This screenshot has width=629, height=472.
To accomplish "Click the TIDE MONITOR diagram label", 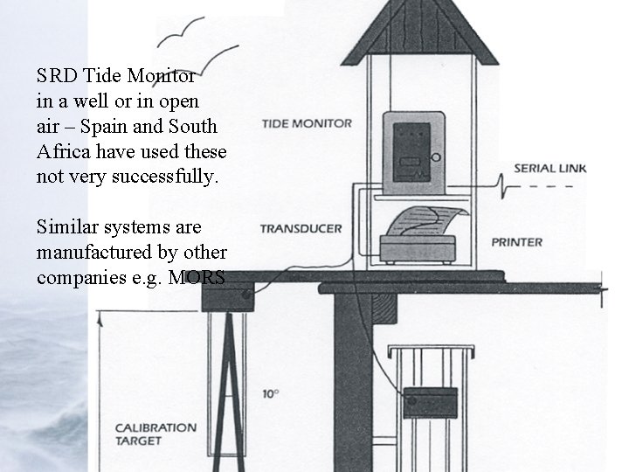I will click(x=306, y=123).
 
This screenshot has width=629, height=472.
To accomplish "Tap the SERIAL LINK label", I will click(x=550, y=168).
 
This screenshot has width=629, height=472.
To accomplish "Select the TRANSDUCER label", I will click(x=300, y=229).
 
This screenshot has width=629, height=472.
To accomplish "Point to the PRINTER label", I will click(x=516, y=242).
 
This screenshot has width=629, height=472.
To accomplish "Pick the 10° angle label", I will click(x=270, y=393).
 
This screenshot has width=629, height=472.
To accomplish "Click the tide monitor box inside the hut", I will click(x=412, y=152).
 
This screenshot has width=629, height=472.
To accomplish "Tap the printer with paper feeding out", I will click(x=420, y=237).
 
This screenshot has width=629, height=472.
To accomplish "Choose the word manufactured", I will click(x=92, y=253).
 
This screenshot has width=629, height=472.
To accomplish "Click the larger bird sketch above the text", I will click(x=194, y=33).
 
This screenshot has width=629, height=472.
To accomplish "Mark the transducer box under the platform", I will click(x=226, y=297).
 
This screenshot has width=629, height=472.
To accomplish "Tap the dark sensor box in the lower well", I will click(x=429, y=402).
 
